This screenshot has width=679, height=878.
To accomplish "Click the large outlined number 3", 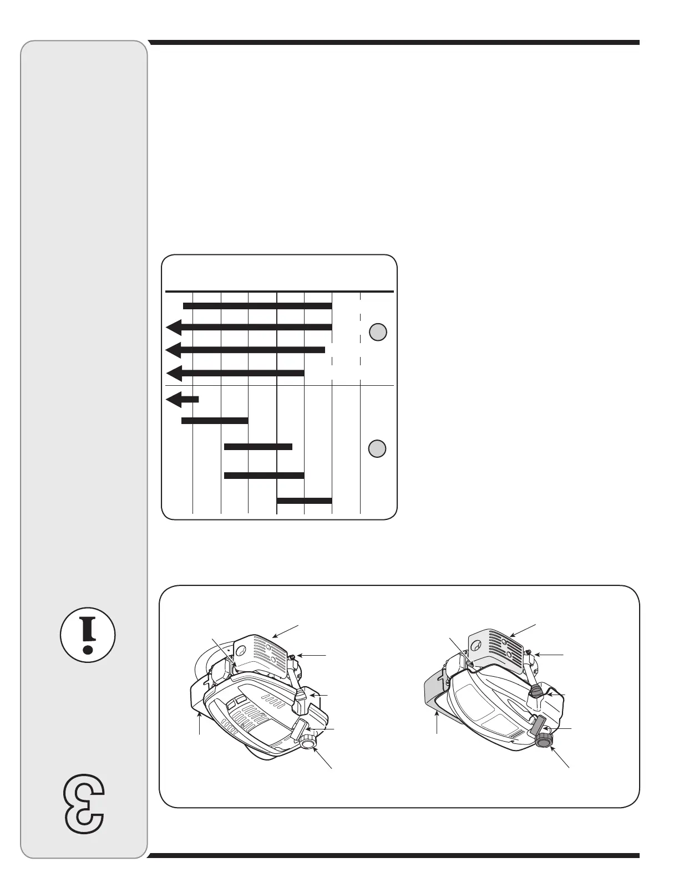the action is pos(85,803).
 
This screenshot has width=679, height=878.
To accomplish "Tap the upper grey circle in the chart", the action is pos(378,332).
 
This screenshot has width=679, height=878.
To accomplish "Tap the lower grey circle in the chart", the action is pos(378,448).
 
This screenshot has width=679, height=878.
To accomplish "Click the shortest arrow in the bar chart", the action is pos(182,399).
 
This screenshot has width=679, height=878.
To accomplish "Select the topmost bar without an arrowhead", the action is pos(257,305).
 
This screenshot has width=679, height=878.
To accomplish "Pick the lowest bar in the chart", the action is pos(304,501).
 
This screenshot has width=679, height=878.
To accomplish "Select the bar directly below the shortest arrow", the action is pos(215,421).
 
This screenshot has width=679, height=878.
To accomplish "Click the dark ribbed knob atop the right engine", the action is pos(537,691).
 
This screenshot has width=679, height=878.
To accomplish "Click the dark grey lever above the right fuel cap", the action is pos(540,723).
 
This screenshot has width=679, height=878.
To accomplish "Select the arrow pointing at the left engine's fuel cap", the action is pos(323,756).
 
